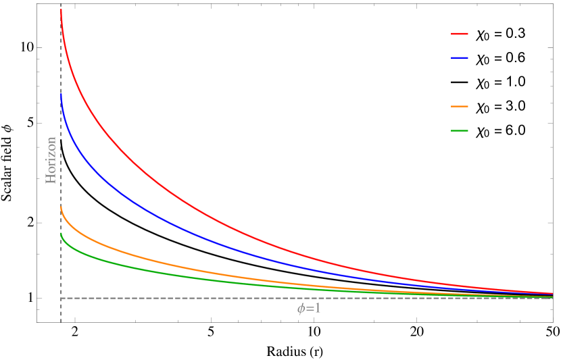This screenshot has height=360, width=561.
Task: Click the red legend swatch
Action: pos(460,33)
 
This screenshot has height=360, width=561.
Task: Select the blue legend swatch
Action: pos(460,58)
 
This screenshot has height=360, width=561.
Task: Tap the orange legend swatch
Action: pos(460,107)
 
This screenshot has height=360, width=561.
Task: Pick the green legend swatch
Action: pos(460,130)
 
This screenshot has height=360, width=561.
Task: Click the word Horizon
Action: pos(51,160)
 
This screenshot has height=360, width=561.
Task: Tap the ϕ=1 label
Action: pos(309,309)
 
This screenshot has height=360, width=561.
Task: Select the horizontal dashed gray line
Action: pos(203,298)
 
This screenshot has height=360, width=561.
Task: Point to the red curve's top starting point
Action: pos(61,9)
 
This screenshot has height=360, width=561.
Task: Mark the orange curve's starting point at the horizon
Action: pos(61,207)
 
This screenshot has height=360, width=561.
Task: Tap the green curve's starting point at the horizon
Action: pos(61,233)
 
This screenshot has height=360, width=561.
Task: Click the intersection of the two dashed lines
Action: pos(61,298)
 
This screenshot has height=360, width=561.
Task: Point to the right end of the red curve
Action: pos(552,293)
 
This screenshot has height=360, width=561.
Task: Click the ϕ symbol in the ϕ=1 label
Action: pos(301,309)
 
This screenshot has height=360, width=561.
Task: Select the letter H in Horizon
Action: pos(51,179)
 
